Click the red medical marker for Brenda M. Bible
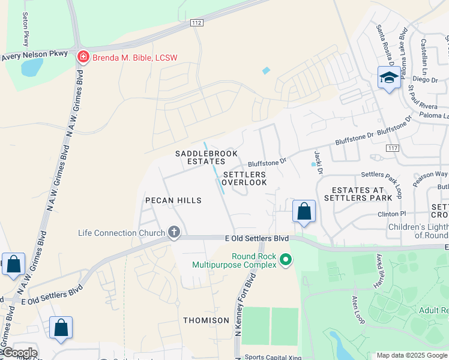[x=83, y=58]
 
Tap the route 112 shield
[x=196, y=23]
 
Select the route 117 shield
[x=393, y=148]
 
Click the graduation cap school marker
[x=389, y=78]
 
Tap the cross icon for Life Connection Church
[x=174, y=233]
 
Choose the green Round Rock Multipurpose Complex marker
[x=286, y=260]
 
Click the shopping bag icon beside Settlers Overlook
[x=304, y=211]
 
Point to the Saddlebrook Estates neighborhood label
[x=206, y=158]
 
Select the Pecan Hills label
[x=173, y=200]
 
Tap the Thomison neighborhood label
[x=206, y=320]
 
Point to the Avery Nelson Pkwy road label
[x=34, y=55]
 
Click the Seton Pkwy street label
[x=26, y=30]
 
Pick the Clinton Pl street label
[x=391, y=214]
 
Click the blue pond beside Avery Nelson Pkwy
[x=32, y=67]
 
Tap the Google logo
[x=19, y=353]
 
